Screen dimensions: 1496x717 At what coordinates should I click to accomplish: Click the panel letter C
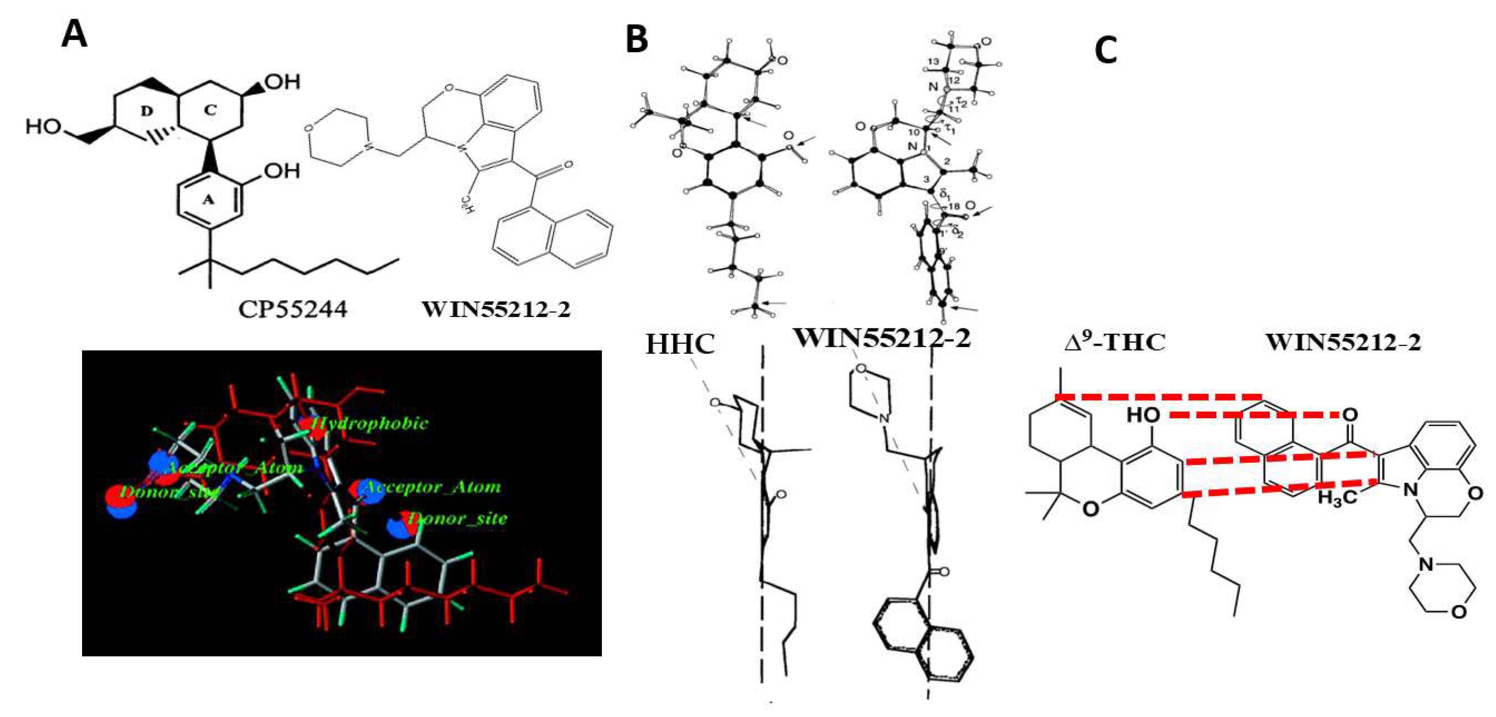click(1106, 51)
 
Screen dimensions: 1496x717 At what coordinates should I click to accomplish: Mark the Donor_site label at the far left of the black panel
click(168, 492)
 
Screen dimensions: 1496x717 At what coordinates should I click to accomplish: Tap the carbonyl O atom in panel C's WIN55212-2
click(1350, 415)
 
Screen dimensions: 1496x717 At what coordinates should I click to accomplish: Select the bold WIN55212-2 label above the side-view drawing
click(882, 338)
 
